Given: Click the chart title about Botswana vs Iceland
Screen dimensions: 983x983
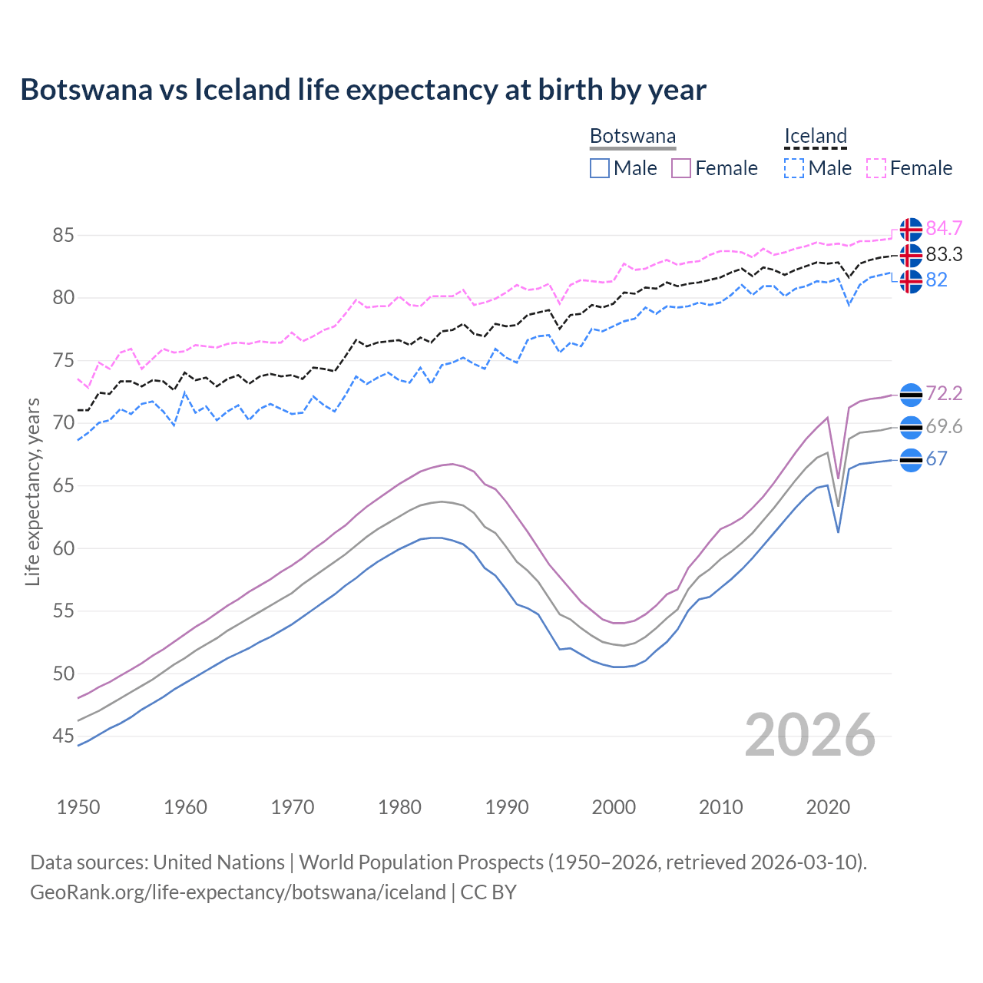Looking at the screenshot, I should click(x=362, y=90).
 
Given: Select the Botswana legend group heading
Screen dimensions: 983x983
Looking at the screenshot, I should click(x=633, y=137).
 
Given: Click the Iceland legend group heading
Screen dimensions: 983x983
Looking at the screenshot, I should click(x=815, y=137).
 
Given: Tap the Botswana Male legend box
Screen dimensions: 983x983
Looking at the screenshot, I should click(x=600, y=168).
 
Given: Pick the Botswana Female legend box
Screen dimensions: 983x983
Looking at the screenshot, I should click(x=681, y=168).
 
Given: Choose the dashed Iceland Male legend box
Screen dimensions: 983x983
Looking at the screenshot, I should click(x=794, y=168).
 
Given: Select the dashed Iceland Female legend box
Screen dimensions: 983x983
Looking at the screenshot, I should click(x=876, y=168).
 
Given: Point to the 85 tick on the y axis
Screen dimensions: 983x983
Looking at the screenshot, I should click(x=63, y=235).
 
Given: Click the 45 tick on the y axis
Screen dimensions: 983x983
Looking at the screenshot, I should click(x=63, y=736).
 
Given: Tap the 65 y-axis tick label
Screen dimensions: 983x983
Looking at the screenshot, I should click(x=63, y=485).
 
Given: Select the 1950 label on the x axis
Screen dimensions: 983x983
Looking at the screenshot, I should click(x=78, y=807).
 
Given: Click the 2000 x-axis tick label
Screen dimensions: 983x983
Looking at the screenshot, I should click(x=614, y=807).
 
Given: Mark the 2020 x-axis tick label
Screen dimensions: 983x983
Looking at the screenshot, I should click(x=828, y=807).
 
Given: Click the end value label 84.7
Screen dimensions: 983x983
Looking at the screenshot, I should click(x=944, y=229).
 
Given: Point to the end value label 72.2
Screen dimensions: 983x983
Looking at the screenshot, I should click(x=944, y=394).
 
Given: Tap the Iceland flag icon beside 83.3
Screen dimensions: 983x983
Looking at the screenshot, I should click(x=911, y=255).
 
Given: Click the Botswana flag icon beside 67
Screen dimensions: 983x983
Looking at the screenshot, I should click(x=911, y=460).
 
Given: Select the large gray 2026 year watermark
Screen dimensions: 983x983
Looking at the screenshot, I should click(x=809, y=735).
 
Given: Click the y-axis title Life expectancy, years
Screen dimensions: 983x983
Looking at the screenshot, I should click(x=32, y=491).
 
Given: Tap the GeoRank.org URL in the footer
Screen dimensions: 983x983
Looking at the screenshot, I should click(x=238, y=892).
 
